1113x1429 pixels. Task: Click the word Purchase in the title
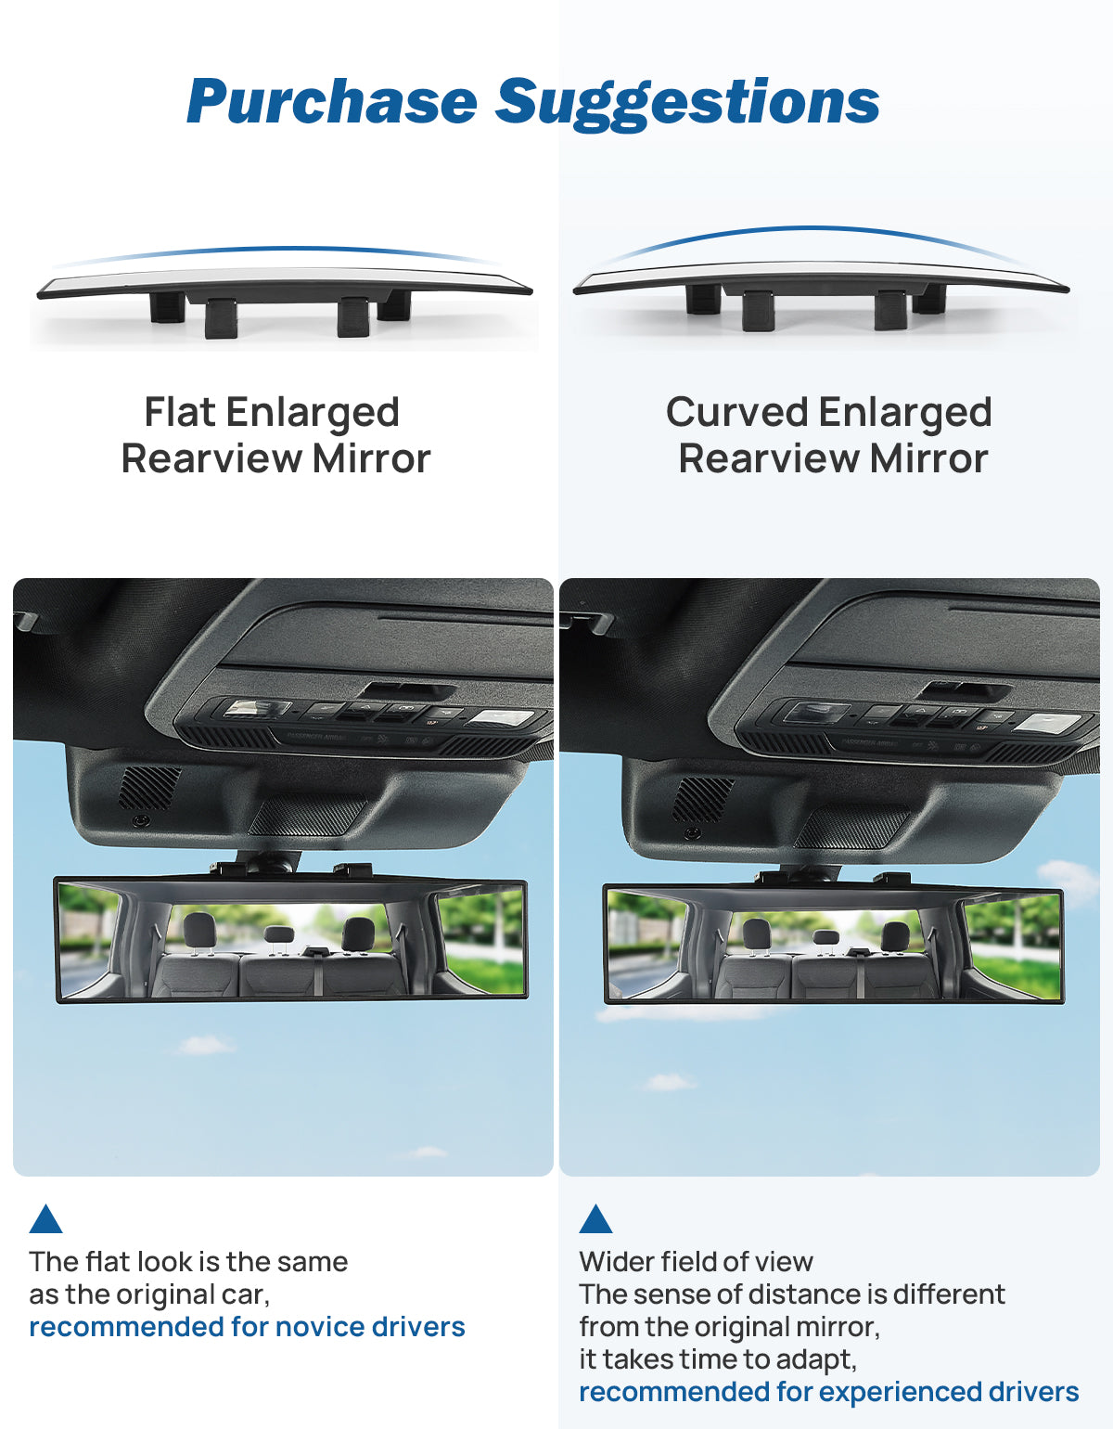pos(332,101)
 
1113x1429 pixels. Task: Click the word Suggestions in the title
pos(687,104)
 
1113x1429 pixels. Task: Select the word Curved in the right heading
pos(736,412)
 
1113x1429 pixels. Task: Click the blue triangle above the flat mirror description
pos(46,1218)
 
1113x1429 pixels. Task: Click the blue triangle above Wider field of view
pos(596,1218)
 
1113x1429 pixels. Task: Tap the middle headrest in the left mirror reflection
pos(278,933)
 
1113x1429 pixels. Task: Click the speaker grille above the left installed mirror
pos(149,788)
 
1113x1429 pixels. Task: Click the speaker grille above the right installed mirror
pos(703,799)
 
